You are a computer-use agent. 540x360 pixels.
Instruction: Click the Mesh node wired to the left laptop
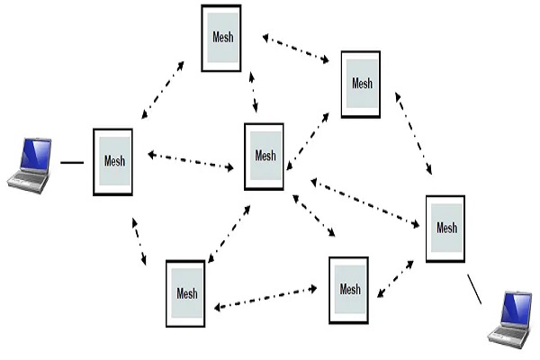(112, 162)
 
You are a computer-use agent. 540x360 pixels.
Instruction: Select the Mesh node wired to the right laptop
(445, 228)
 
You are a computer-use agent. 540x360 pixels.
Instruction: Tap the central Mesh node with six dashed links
(265, 156)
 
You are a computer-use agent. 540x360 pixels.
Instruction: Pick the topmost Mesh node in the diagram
(221, 38)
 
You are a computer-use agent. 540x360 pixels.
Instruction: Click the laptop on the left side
(30, 165)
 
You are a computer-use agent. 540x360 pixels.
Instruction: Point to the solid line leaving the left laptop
(72, 163)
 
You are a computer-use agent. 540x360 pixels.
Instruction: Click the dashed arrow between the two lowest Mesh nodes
(265, 298)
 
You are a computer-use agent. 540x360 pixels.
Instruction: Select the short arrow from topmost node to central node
(254, 91)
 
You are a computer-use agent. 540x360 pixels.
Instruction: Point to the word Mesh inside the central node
(265, 156)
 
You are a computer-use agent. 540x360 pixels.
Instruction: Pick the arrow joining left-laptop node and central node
(190, 161)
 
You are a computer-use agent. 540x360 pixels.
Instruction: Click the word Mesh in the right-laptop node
(446, 228)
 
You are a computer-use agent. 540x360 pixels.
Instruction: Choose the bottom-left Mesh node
(186, 293)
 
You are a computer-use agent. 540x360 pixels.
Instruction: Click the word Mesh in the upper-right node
(362, 84)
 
